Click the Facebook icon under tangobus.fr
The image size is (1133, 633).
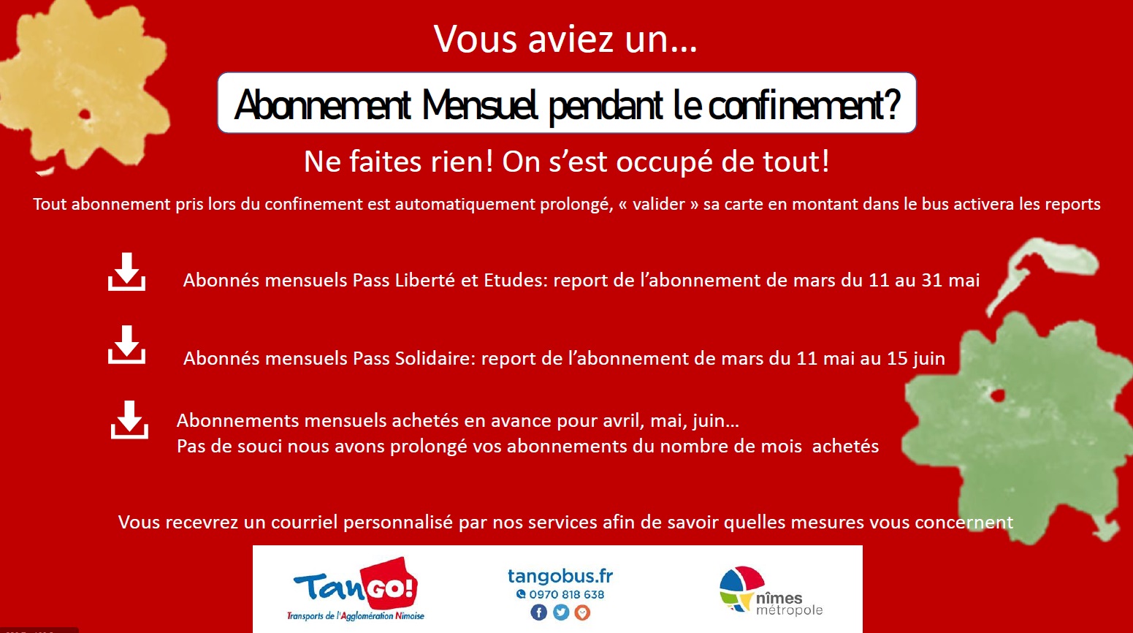[538, 613]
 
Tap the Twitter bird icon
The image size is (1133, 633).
[561, 613]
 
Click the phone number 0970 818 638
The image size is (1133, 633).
[567, 594]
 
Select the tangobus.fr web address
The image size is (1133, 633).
[560, 576]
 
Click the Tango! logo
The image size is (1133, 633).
[356, 589]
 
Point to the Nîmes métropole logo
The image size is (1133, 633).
[771, 591]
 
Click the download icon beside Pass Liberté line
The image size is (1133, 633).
[126, 272]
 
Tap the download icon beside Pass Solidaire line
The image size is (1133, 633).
[126, 344]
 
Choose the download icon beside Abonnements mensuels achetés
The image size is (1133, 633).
[129, 420]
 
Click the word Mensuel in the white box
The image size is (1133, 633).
[478, 105]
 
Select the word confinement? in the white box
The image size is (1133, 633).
[804, 105]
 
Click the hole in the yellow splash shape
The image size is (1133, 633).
[85, 114]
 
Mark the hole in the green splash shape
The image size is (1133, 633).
[997, 395]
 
